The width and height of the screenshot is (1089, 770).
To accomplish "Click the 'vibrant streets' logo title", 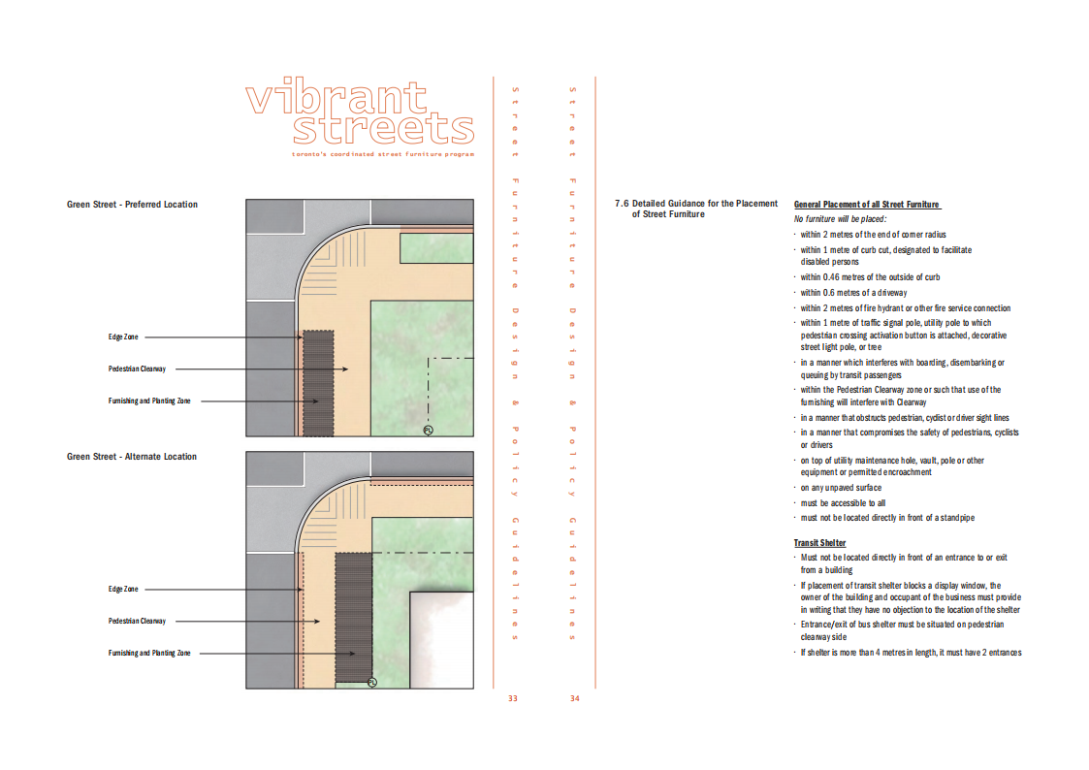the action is [x=360, y=111].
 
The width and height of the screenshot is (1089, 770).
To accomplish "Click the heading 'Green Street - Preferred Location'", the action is [x=132, y=204].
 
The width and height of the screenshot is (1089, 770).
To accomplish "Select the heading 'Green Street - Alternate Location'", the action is [x=131, y=456].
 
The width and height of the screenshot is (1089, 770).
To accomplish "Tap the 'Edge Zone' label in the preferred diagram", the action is [x=123, y=337].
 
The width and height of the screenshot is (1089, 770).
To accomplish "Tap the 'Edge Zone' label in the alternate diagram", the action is [x=123, y=589].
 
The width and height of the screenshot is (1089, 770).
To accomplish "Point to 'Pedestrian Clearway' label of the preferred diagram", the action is [x=137, y=369].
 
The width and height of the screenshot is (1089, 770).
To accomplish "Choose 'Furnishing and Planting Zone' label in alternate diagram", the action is [x=149, y=653].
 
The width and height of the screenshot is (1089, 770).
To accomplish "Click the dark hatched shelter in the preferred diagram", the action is [x=318, y=383].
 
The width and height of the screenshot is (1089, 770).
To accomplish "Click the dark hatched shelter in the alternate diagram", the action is [x=354, y=618].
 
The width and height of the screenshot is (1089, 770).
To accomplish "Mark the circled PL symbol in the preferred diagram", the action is [x=428, y=431].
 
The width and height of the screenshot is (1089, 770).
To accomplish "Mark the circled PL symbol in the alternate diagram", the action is [x=371, y=683].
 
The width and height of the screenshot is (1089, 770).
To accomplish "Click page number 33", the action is [x=513, y=698].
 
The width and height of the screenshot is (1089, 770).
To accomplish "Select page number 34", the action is [x=574, y=698].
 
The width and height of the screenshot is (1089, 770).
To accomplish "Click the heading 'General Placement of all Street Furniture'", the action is [x=867, y=204].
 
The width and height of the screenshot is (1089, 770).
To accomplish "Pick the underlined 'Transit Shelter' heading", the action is [x=819, y=543].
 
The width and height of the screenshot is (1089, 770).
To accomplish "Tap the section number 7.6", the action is [x=621, y=204].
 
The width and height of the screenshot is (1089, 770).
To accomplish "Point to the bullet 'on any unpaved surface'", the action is [x=841, y=488].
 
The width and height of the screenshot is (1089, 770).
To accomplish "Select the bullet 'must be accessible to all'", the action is [x=843, y=502].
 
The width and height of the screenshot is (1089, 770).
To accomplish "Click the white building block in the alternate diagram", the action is [x=442, y=639].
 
